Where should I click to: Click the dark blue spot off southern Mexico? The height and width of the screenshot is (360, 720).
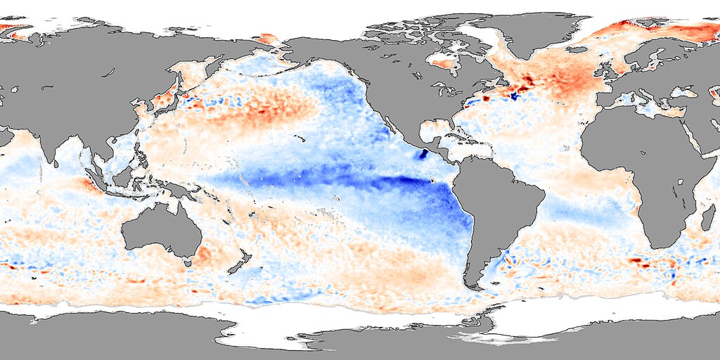point(424,155)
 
